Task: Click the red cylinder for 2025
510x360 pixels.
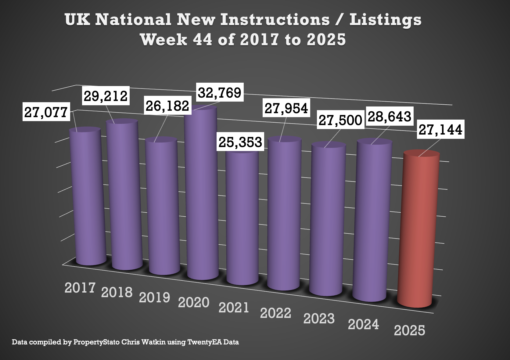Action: point(418,229)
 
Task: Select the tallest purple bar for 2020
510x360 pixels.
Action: point(202,192)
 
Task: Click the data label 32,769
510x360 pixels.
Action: point(220,92)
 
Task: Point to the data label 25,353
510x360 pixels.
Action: point(240,142)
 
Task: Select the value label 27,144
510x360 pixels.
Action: point(440,130)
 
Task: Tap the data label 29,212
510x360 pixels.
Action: point(106,96)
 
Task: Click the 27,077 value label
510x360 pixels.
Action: point(46,112)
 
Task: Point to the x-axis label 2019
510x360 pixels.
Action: point(154,297)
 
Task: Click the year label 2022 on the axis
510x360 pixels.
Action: point(275,313)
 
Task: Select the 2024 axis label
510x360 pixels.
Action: point(363,324)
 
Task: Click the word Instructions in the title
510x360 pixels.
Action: point(275,20)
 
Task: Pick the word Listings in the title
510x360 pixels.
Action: point(386,20)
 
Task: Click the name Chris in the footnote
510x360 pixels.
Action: point(131,342)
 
